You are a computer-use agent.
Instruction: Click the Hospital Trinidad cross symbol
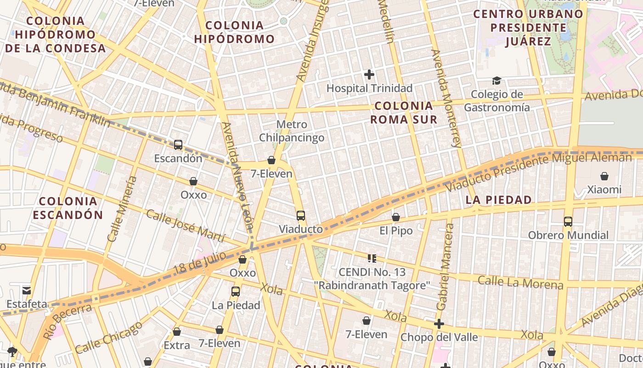369,74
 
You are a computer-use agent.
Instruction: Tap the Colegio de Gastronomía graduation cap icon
496,81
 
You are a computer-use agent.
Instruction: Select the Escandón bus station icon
178,145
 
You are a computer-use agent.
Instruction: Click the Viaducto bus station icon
301,215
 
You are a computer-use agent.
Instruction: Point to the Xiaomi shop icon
604,176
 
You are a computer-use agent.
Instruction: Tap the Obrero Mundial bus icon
568,221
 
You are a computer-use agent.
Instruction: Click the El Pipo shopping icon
396,217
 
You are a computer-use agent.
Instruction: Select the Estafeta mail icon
27,290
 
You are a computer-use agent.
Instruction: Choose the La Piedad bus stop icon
236,291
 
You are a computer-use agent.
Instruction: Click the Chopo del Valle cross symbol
439,324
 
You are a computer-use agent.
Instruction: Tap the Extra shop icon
177,332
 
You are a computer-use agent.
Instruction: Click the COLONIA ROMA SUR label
404,113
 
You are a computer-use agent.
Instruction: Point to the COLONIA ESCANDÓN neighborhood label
68,208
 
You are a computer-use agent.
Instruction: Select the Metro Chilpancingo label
292,131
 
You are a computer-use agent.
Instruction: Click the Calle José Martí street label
186,225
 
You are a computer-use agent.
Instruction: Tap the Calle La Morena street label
520,282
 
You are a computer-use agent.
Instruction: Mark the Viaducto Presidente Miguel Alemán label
538,172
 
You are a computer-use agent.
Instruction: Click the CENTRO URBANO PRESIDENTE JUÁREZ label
528,28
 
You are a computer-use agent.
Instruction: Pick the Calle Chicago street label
109,337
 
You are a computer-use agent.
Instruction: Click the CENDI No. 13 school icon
372,259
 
